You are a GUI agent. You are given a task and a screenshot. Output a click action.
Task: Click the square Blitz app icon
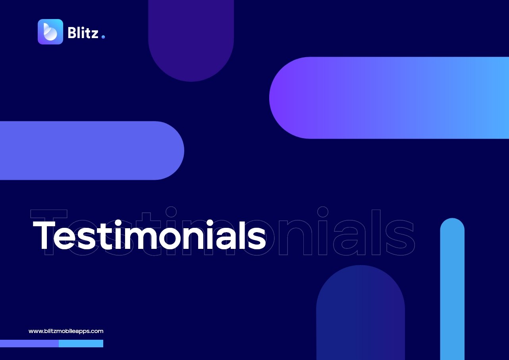coord(50,32)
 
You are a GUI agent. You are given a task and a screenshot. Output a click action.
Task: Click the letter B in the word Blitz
coord(73,33)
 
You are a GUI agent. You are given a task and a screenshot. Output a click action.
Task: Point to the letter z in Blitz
coord(94,34)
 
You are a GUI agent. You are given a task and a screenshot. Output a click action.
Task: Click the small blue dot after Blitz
coord(103,37)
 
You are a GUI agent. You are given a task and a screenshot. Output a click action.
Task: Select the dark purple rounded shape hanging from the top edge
coord(191,39)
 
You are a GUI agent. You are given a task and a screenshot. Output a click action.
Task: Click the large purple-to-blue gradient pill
coord(389,98)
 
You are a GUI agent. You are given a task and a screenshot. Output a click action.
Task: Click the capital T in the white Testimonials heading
coord(44,235)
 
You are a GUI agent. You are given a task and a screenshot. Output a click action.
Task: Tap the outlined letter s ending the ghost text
coord(400,238)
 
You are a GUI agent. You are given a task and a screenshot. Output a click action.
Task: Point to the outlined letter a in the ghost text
coord(349,238)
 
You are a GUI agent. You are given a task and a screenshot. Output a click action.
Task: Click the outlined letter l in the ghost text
coord(376,232)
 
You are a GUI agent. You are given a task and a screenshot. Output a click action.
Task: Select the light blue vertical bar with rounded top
coord(452,289)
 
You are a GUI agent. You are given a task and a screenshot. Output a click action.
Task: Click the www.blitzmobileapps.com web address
coord(66,331)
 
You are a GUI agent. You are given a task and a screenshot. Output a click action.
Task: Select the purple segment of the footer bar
coord(29,343)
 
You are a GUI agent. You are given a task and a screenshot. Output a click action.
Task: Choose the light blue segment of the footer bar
coord(81,343)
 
